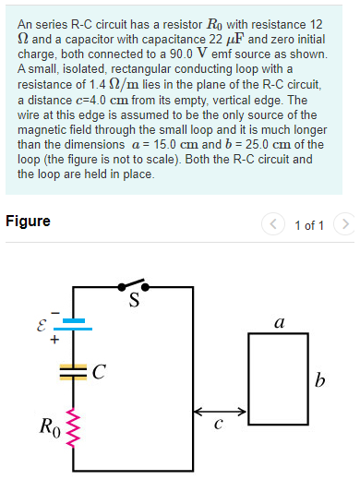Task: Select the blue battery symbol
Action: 74,324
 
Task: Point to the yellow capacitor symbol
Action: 74,373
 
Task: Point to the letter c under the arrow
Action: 218,426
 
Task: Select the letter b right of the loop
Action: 319,380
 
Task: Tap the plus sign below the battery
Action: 54,339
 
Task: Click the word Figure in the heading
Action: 28,222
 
